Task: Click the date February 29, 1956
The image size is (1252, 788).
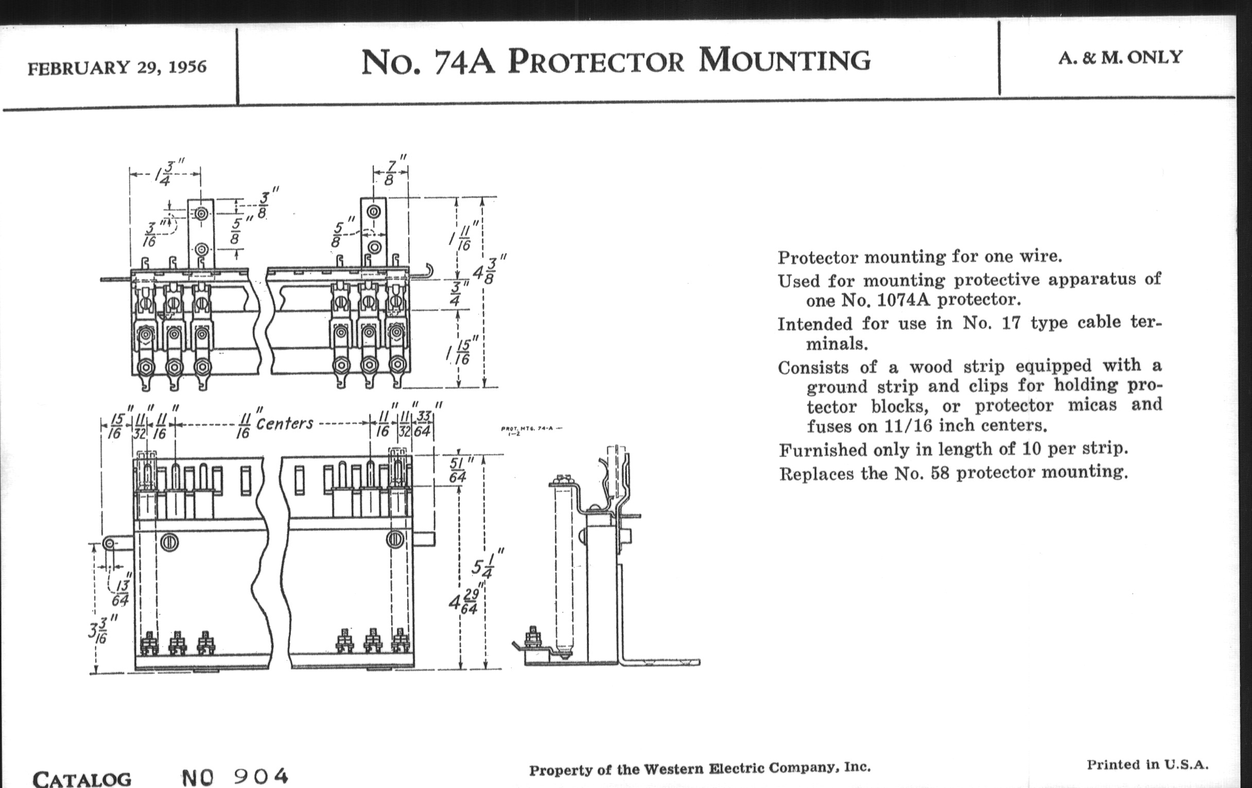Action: coord(117,67)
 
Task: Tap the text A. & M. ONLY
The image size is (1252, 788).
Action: coord(1120,58)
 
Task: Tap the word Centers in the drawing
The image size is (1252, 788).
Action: coord(284,423)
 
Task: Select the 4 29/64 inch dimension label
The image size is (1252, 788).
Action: coord(464,602)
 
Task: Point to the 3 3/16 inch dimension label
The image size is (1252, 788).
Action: coord(101,631)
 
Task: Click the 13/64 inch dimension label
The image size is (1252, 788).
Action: coord(121,593)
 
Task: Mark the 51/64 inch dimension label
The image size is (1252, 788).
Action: coord(457,470)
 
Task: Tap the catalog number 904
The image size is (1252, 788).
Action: coord(260,776)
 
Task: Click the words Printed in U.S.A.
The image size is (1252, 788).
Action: coord(1147,765)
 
